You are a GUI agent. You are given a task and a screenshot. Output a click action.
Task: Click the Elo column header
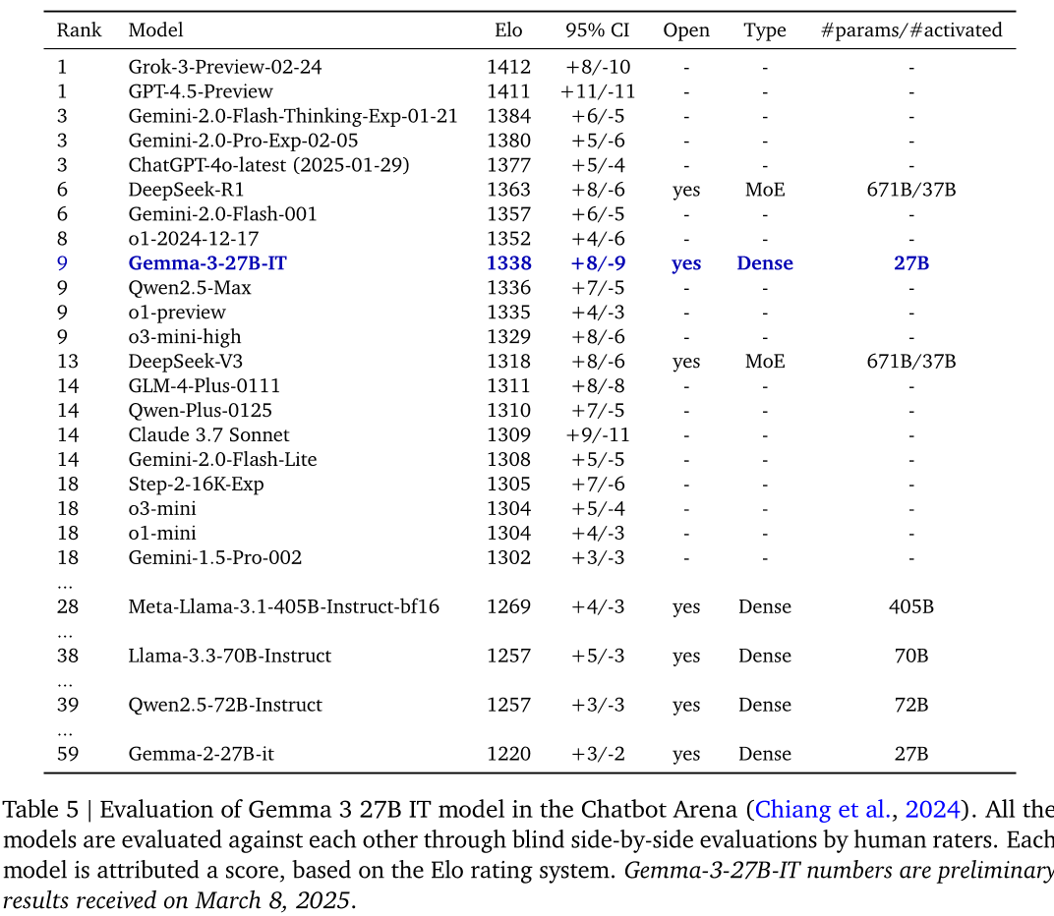coord(508,30)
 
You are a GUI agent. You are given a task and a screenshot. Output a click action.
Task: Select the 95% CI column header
coord(597,30)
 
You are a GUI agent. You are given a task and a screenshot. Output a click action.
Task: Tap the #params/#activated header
coord(911,30)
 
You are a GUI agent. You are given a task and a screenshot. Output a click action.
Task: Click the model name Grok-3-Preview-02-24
coord(225,68)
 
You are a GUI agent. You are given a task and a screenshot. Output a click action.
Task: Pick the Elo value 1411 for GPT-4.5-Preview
coord(508,92)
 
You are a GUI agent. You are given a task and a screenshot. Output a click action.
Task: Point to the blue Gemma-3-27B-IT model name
coord(207,263)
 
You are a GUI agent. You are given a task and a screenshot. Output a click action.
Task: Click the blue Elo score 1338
coord(508,263)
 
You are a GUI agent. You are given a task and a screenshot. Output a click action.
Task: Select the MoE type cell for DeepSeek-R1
coord(765,190)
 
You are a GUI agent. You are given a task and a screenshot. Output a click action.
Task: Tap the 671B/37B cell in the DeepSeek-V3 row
coord(911,362)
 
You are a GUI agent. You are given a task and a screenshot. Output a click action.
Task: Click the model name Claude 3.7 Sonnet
coord(208,435)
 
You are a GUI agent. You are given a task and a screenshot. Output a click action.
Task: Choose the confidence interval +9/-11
coord(597,435)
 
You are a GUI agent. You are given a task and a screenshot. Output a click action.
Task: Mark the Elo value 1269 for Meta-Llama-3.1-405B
coord(508,607)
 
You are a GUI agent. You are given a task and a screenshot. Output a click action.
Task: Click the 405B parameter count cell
coord(911,607)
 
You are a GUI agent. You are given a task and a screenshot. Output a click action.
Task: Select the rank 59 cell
coord(68,755)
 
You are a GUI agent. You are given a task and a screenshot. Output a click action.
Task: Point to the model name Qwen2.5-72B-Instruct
coord(225,706)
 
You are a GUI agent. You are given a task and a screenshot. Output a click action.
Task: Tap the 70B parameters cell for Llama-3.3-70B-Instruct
coord(911,657)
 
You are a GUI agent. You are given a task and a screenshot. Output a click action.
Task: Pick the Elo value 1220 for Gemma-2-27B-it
coord(508,755)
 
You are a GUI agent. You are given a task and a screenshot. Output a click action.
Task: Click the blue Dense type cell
coord(765,263)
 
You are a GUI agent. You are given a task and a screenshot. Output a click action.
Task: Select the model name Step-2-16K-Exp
coord(196,485)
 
